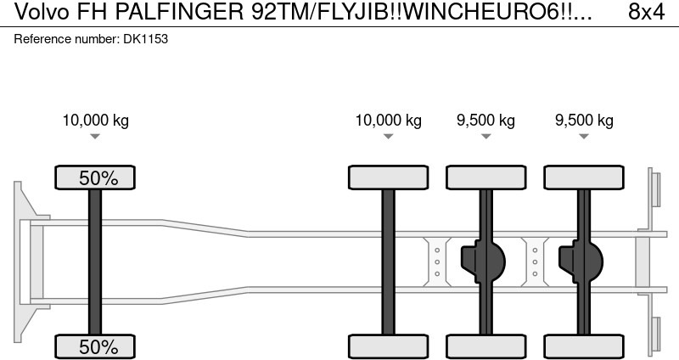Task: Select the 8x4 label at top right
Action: [x=646, y=13]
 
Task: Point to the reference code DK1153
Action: [x=144, y=39]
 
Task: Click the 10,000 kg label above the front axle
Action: [x=95, y=120]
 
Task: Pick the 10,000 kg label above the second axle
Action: [x=388, y=120]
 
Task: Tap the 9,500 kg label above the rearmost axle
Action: [x=584, y=120]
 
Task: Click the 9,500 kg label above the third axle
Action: [x=485, y=120]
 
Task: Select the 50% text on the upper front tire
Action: [x=95, y=177]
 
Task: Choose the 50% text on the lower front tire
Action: [x=95, y=346]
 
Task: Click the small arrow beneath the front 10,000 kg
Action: [x=95, y=137]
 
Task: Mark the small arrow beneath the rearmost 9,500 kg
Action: [x=584, y=137]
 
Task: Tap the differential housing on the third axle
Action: [x=480, y=262]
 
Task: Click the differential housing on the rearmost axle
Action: [x=579, y=262]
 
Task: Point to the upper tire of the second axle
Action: [x=388, y=177]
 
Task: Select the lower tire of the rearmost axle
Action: [x=584, y=346]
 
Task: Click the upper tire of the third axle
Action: [x=485, y=177]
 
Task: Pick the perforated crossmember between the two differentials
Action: [x=535, y=262]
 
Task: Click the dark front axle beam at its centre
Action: [x=95, y=262]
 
